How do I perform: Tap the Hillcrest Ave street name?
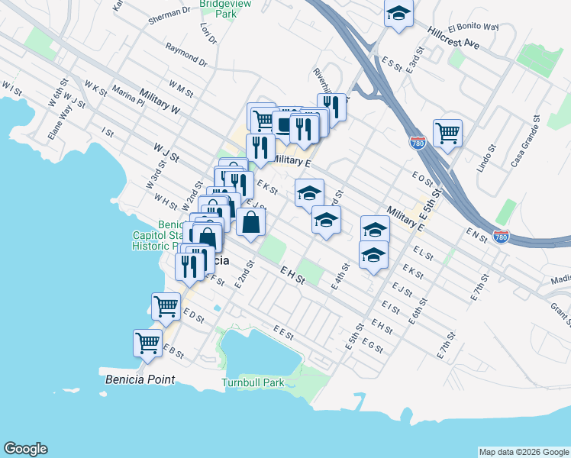pyautogui.click(x=453, y=39)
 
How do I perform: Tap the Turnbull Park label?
pyautogui.click(x=253, y=382)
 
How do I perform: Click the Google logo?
pyautogui.click(x=25, y=449)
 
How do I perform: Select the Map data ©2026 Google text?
pyautogui.click(x=524, y=452)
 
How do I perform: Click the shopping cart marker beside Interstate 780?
pyautogui.click(x=447, y=132)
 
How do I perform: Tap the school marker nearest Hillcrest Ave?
pyautogui.click(x=398, y=14)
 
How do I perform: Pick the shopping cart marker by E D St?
pyautogui.click(x=166, y=306)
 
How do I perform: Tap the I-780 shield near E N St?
pyautogui.click(x=501, y=237)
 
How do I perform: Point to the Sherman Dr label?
pyautogui.click(x=169, y=12)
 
